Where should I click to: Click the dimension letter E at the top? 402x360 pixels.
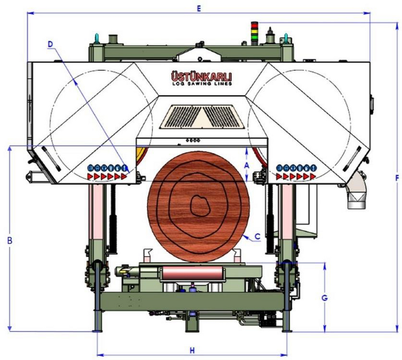(199, 8)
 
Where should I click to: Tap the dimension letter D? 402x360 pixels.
(50, 44)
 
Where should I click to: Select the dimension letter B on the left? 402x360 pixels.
(10, 241)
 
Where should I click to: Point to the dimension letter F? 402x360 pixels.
(398, 178)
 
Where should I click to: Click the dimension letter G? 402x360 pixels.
(325, 298)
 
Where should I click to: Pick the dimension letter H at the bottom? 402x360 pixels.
(192, 350)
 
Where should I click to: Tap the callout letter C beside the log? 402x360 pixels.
(257, 236)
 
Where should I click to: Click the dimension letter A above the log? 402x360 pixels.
(247, 166)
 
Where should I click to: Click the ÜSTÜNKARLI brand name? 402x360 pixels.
(202, 76)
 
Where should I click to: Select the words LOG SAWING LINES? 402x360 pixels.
(202, 83)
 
